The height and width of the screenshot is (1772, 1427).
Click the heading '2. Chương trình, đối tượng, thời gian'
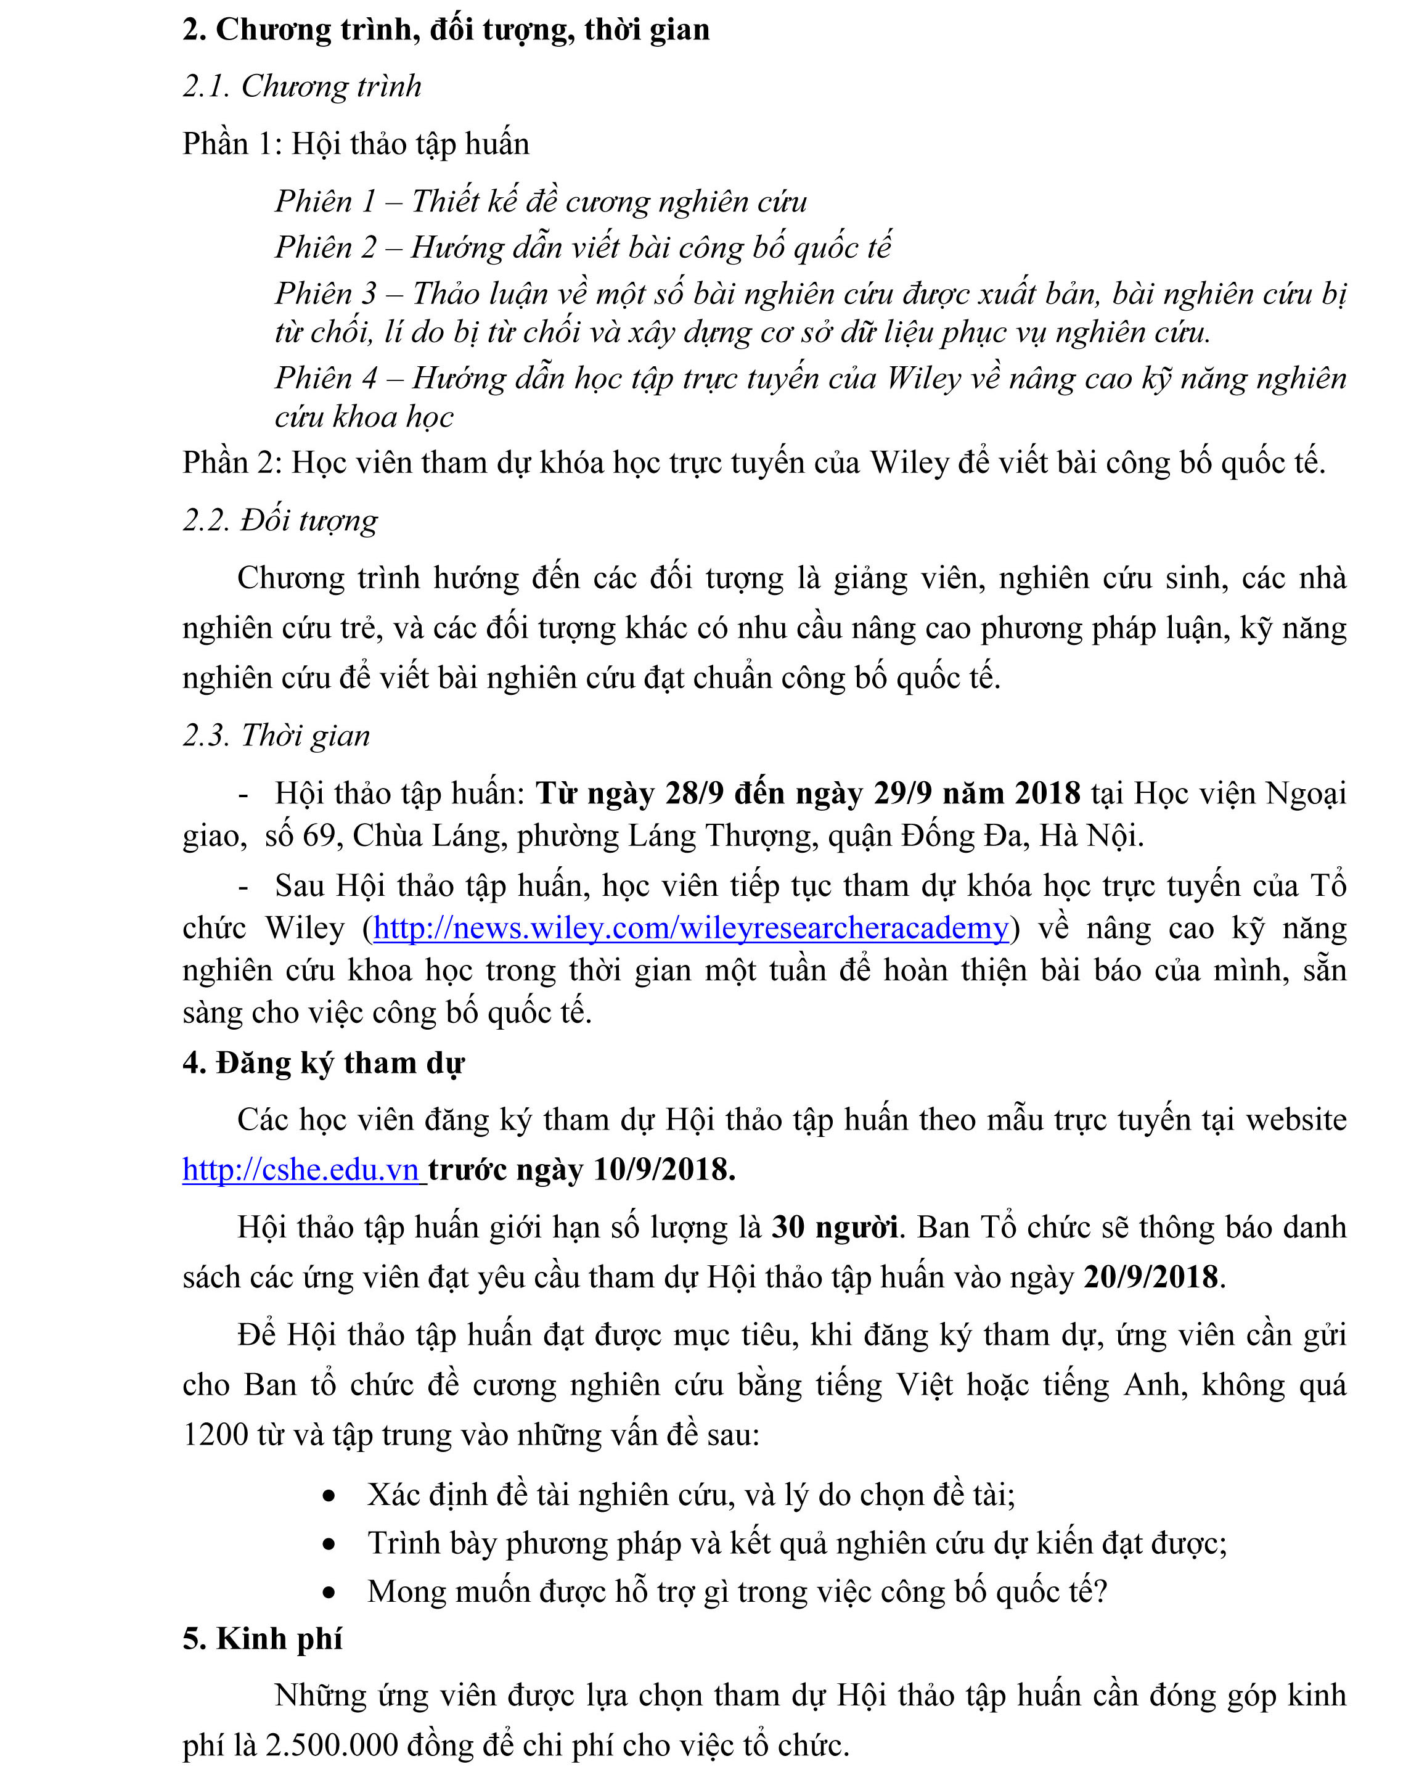coord(446,30)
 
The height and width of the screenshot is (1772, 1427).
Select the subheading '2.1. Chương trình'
coord(301,86)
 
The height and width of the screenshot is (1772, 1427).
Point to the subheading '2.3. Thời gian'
coord(276,735)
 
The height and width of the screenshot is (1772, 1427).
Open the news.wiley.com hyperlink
coord(690,929)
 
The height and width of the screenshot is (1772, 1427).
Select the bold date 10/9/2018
coord(663,1169)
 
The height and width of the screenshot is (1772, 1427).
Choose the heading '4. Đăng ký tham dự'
coord(323,1063)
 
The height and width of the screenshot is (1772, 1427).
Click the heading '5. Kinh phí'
coord(262,1639)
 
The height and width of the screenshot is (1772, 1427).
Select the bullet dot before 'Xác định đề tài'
coord(329,1496)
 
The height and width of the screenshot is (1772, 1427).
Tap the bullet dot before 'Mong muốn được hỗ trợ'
coord(329,1593)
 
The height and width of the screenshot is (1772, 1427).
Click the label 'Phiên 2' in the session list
coord(325,247)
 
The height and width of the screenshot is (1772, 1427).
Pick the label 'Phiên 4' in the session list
coord(325,378)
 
